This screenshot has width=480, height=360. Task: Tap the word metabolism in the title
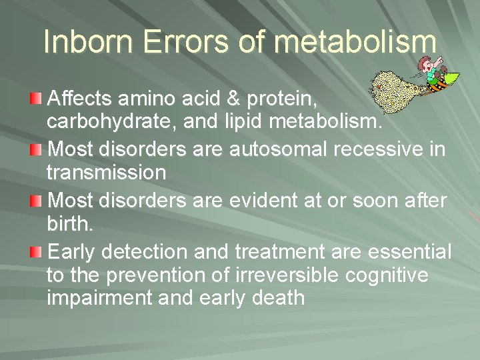[x=355, y=41]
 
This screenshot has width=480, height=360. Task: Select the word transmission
[x=107, y=173]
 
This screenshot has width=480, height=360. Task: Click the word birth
[x=70, y=223]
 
